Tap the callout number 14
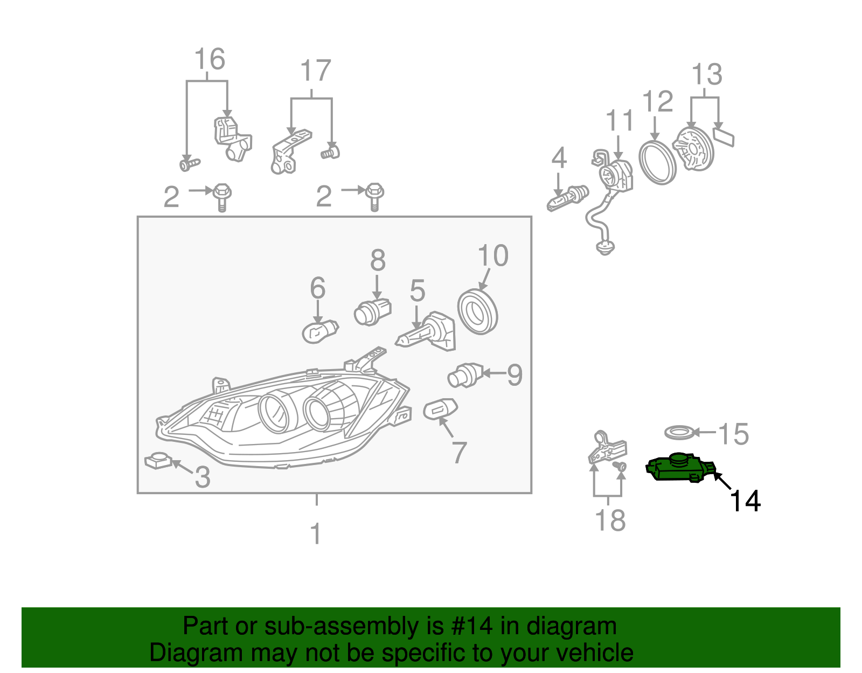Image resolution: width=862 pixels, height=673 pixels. coord(745,501)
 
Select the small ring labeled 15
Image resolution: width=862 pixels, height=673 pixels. coord(679,432)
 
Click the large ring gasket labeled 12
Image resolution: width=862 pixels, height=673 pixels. coord(657,163)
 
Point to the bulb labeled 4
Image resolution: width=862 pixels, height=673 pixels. coord(567,198)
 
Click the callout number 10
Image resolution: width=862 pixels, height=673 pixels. coord(492,255)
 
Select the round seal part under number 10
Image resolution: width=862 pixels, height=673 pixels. coord(477,312)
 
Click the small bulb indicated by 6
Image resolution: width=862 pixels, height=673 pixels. coord(320,332)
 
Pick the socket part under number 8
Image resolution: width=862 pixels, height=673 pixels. coord(372,312)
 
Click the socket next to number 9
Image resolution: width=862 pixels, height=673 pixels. coord(465,375)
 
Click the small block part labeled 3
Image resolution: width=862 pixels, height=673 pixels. coord(158,461)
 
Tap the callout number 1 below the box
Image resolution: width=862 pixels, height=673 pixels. coord(316,534)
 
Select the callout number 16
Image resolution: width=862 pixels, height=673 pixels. coord(210,59)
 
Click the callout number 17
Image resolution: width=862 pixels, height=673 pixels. coord(316,71)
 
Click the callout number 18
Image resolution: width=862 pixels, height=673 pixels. coord(610,520)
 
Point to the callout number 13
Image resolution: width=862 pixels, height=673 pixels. coord(707,74)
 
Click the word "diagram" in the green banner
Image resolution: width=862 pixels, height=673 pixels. coord(572,626)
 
